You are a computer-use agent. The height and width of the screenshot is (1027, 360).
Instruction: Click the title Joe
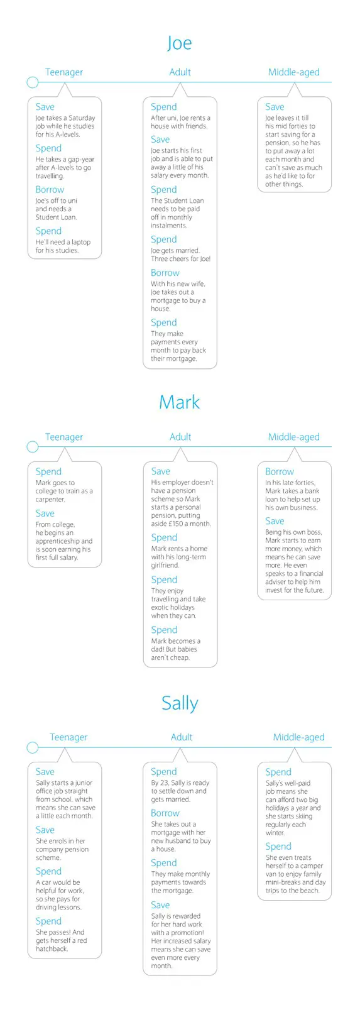click(x=180, y=43)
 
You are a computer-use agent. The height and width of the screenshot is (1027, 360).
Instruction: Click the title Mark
click(x=180, y=402)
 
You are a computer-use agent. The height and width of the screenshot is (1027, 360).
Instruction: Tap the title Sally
click(x=180, y=703)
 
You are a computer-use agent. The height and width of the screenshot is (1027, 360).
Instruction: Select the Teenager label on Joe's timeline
click(x=64, y=72)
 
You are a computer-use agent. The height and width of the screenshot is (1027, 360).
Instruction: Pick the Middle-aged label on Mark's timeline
click(x=294, y=437)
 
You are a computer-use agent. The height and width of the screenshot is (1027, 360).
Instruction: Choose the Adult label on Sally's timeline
click(x=182, y=737)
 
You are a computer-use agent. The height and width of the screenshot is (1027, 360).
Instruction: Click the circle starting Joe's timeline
click(x=33, y=82)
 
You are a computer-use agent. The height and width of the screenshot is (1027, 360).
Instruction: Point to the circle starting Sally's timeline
click(x=33, y=747)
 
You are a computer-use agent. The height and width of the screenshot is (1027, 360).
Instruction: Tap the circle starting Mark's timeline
click(x=33, y=446)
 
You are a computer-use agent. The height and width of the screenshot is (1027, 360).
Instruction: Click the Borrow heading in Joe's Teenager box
click(x=50, y=190)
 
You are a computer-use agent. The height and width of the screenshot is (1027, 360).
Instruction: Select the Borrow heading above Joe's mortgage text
click(x=165, y=273)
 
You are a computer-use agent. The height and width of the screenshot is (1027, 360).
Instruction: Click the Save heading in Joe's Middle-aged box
click(x=275, y=107)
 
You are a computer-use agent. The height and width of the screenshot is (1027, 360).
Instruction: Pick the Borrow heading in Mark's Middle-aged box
click(x=280, y=471)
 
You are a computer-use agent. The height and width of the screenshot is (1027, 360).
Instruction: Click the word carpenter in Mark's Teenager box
click(x=50, y=500)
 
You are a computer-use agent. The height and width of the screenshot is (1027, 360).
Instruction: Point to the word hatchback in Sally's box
click(x=52, y=948)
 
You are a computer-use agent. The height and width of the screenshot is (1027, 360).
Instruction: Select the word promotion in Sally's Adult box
click(x=185, y=933)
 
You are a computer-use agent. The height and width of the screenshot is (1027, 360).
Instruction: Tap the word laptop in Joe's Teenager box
click(x=80, y=242)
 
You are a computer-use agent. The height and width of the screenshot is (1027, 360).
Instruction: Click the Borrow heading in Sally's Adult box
click(x=165, y=813)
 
